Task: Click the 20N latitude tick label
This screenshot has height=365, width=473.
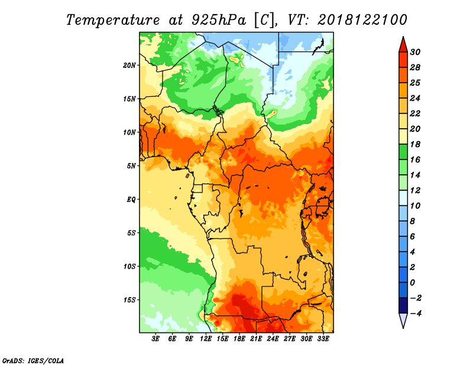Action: coord(130,65)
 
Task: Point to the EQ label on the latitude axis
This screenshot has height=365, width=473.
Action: coord(131,199)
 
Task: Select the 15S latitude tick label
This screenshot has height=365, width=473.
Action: coord(130,299)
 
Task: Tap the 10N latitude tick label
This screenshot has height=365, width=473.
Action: coord(130,132)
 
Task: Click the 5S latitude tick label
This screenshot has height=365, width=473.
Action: coord(132,233)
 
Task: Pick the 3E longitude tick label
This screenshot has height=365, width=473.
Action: coord(156,339)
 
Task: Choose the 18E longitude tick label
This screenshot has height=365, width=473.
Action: coord(239,339)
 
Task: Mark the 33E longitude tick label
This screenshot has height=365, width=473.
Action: coord(323,339)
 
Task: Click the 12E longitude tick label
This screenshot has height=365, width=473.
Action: coord(206,339)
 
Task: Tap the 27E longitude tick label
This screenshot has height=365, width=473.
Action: coord(290,339)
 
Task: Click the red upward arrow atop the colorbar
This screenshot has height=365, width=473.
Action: coord(402,44)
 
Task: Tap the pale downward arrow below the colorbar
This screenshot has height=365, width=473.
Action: coord(402,321)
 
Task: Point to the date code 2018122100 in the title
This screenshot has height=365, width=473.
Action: coord(362,20)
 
